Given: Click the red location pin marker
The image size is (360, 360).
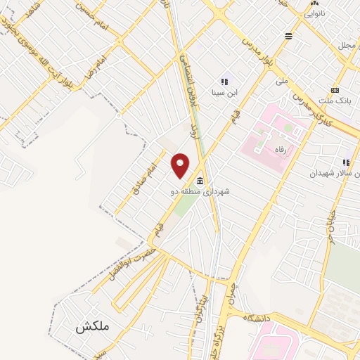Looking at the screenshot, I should coord(181,165).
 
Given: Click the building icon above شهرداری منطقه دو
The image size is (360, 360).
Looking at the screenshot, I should coord(201,181).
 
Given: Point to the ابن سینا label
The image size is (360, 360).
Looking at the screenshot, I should coord(225,91).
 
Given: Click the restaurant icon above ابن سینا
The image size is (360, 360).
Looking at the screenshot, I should coord(225,81).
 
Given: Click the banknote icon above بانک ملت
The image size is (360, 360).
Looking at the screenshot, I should coord(335,90).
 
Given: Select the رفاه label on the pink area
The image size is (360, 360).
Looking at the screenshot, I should coord(284,149).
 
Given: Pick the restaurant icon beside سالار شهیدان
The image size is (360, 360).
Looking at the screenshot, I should coord(347,163).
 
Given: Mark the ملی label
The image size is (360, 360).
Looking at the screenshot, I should coord(283,81).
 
